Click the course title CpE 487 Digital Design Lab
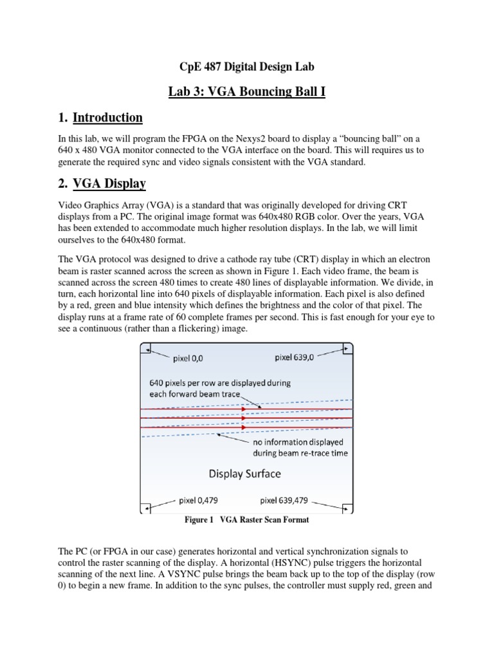click(246, 66)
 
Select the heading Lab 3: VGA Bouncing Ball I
click(246, 92)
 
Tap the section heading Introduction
click(107, 118)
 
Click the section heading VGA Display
click(109, 184)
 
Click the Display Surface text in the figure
click(244, 474)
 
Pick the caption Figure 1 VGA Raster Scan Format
click(246, 519)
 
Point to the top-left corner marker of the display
click(147, 349)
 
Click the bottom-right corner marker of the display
click(347, 508)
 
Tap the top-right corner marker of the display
click(347, 349)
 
